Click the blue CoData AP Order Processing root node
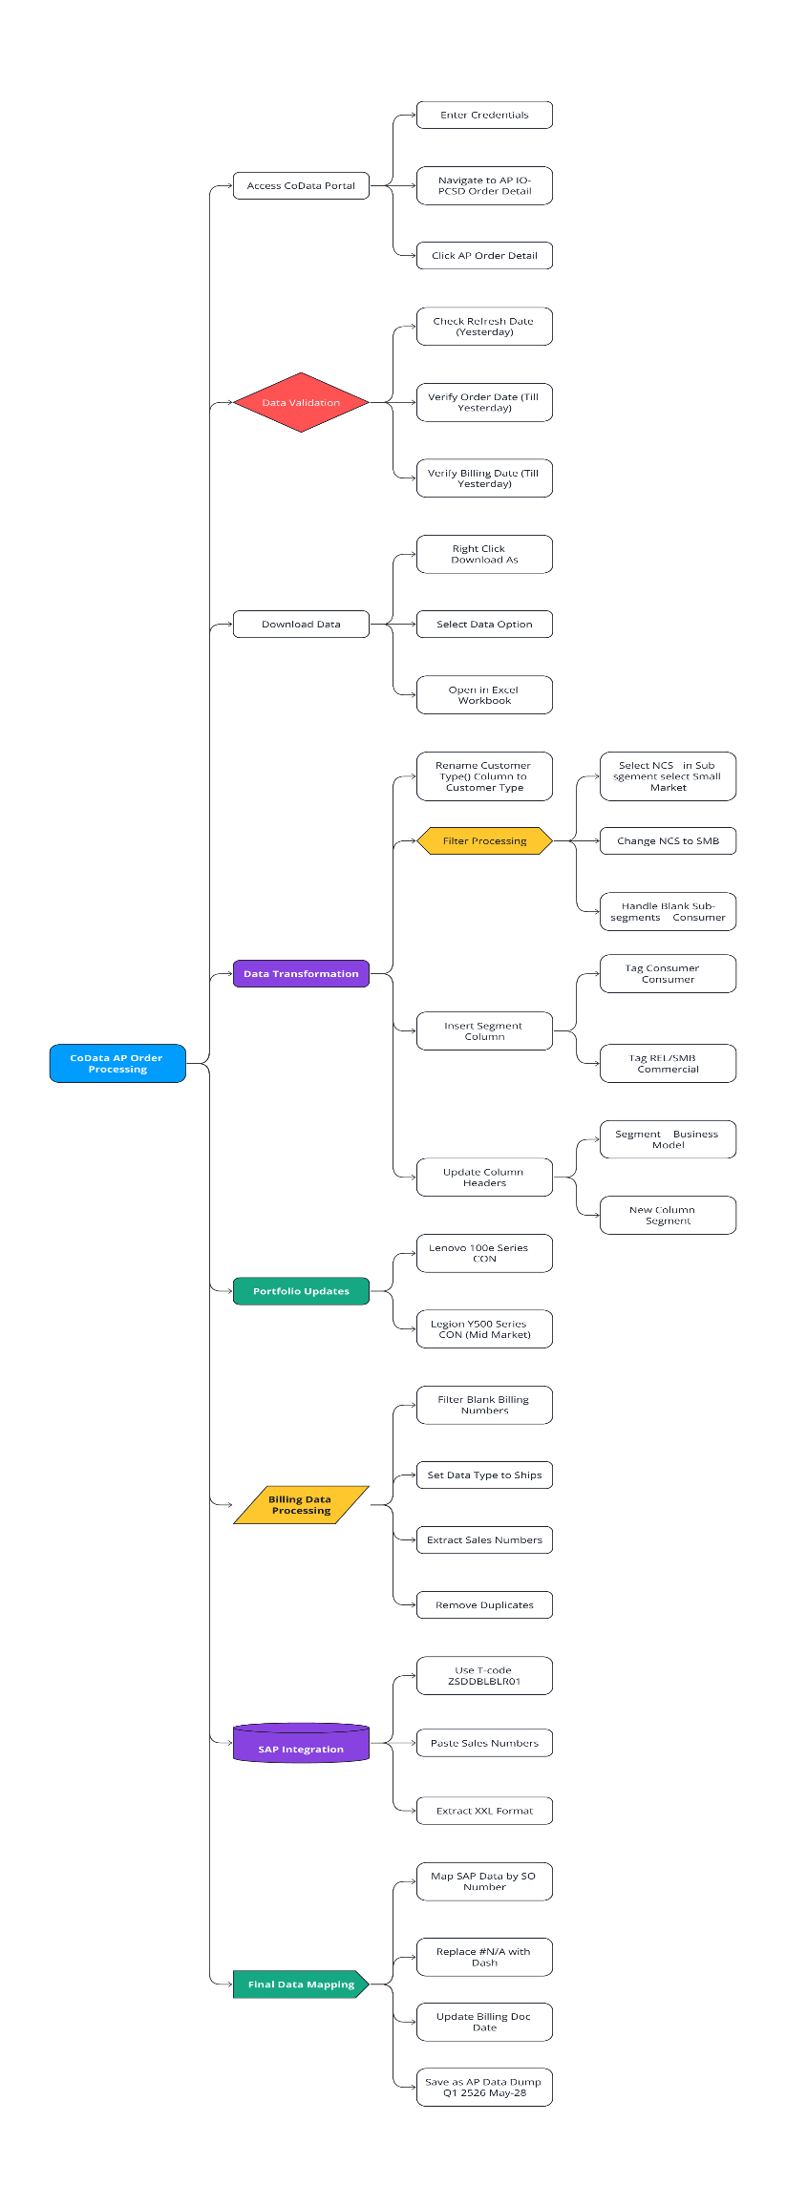point(117,1063)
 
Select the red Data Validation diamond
point(301,402)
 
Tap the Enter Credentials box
point(484,115)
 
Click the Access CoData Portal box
point(301,185)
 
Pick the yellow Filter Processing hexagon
point(484,840)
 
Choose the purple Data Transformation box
point(301,973)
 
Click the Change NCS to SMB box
point(668,840)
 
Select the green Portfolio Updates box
point(301,1290)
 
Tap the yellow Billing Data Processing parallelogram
point(301,1504)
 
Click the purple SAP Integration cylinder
point(301,1744)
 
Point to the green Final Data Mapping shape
point(301,1984)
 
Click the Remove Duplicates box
point(484,1604)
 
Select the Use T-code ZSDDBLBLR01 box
point(484,1675)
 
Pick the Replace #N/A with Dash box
point(484,1957)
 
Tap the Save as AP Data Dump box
point(484,2087)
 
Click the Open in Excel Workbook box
point(484,694)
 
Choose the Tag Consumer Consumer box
point(668,973)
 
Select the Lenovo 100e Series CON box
point(484,1253)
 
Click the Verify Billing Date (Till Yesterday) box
point(484,477)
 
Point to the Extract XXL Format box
point(484,1810)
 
